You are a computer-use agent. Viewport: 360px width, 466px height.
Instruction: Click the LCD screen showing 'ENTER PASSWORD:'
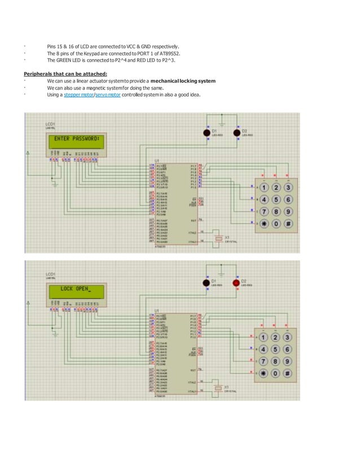coord(76,138)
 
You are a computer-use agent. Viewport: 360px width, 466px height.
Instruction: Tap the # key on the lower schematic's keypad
coord(288,373)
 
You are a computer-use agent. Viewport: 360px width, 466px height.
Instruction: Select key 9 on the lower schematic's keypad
coord(288,361)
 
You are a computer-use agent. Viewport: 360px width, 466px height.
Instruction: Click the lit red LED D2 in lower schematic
coord(236,282)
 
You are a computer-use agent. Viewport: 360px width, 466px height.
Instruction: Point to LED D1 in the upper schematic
coord(207,133)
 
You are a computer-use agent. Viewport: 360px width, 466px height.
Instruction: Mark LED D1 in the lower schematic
coord(207,282)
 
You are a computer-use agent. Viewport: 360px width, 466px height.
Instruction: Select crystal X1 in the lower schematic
coord(218,388)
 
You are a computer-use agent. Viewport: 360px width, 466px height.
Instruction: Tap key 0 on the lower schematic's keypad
coord(275,373)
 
